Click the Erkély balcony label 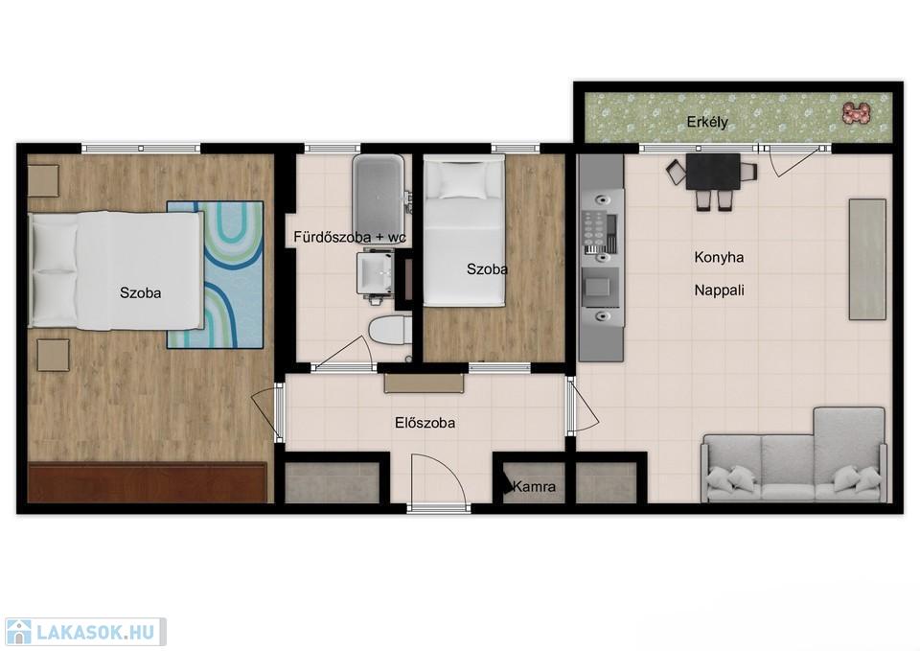click(x=707, y=122)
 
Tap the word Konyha click(x=719, y=257)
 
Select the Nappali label click(x=720, y=290)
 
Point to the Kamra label click(x=534, y=487)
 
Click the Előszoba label click(x=425, y=423)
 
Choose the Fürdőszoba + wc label click(x=350, y=237)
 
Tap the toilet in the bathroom click(x=387, y=329)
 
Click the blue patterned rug click(x=215, y=275)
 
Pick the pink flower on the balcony click(x=855, y=113)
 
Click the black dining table click(x=713, y=172)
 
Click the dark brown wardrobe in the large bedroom click(x=148, y=482)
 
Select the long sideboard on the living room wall click(x=867, y=260)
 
